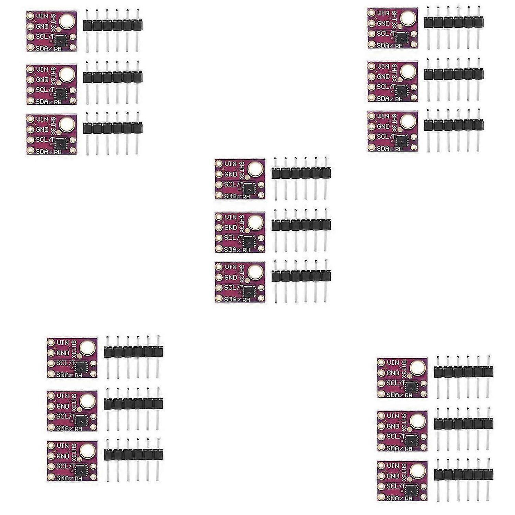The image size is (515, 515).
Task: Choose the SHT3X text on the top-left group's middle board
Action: pos(54,74)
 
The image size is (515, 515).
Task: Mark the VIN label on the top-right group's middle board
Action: pos(383,66)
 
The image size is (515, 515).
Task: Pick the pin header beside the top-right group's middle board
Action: pos(454,75)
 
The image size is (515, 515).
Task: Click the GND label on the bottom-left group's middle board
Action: pos(63,406)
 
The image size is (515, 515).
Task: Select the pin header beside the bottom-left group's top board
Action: pos(133,352)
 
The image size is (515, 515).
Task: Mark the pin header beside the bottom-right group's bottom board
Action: pos(463,475)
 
